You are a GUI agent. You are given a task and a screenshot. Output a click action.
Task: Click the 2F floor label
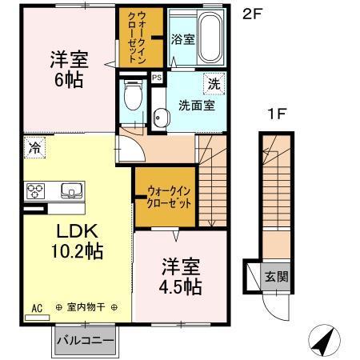(254, 14)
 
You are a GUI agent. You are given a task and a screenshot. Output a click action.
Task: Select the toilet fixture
(134, 99)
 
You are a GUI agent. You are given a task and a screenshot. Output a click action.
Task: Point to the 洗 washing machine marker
(215, 83)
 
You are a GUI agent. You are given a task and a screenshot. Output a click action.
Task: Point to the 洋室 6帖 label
(69, 68)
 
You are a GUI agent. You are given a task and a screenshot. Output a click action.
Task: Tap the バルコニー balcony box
(86, 340)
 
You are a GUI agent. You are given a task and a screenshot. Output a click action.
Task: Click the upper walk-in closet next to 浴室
(140, 36)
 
